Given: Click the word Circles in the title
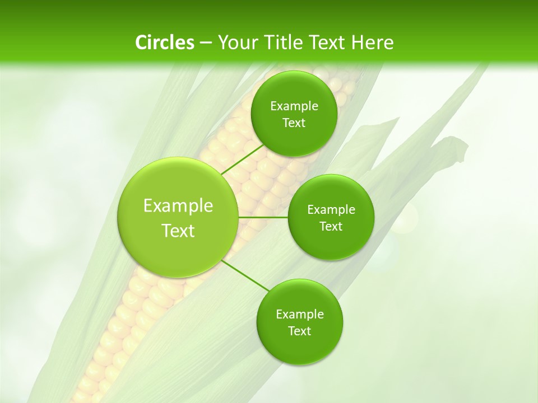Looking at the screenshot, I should (164, 43).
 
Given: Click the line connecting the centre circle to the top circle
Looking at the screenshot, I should (243, 160).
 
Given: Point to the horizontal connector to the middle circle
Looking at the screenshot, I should (263, 217).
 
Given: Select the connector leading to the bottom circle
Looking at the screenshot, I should (245, 276).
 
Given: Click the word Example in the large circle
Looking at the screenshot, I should (178, 206).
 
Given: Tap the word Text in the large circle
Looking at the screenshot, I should (178, 231).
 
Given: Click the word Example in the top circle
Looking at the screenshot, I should (294, 106).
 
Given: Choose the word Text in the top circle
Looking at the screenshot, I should (294, 123).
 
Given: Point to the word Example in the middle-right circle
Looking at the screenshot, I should (331, 210).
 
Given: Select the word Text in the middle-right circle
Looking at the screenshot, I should (331, 227).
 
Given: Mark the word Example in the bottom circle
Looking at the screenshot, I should (299, 315).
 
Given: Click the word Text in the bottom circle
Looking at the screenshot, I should (299, 331).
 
